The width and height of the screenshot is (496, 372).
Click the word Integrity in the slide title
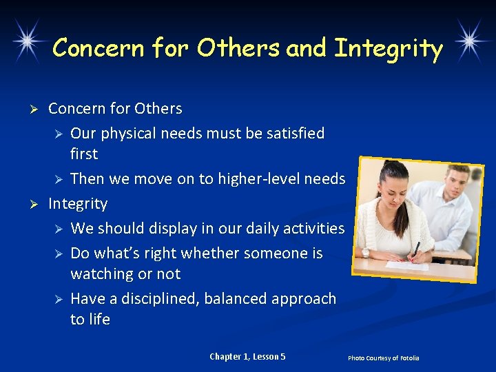pyautogui.click(x=388, y=49)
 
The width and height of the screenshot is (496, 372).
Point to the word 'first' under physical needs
pyautogui.click(x=84, y=154)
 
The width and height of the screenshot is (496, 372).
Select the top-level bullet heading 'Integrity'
pyautogui.click(x=78, y=203)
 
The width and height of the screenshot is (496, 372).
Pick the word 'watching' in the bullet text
pyautogui.click(x=101, y=273)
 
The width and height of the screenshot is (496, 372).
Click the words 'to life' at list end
pyautogui.click(x=90, y=319)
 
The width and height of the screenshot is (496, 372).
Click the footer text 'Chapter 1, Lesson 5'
pyautogui.click(x=247, y=356)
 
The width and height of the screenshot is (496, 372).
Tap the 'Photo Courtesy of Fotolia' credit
pyautogui.click(x=383, y=358)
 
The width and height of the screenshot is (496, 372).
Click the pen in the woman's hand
pyautogui.click(x=415, y=251)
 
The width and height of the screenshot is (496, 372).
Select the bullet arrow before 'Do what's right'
pyautogui.click(x=60, y=254)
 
